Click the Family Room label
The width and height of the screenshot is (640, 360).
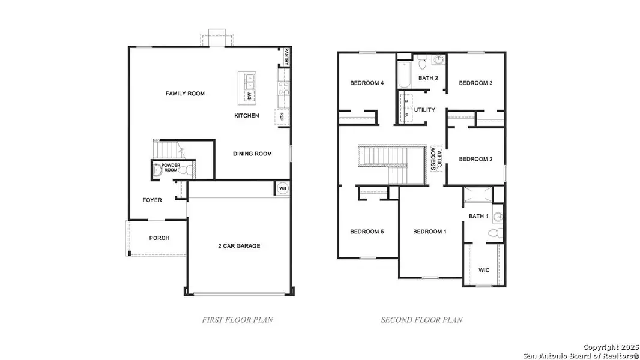[185, 94]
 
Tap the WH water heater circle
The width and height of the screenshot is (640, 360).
[282, 188]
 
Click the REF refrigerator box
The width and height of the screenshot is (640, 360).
[280, 117]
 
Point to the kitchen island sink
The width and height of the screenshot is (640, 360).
[249, 79]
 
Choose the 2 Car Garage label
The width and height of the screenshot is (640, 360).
[239, 246]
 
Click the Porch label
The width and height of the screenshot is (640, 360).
[159, 238]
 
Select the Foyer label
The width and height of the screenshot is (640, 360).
[152, 200]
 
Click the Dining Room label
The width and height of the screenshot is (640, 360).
[252, 154]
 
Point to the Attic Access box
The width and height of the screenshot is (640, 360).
[437, 158]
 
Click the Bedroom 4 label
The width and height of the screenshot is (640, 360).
[367, 83]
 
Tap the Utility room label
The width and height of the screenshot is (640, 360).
[424, 110]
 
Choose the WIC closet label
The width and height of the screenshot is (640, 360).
[484, 270]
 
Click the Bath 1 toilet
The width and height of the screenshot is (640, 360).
[494, 233]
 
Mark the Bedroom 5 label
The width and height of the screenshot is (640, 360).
[367, 232]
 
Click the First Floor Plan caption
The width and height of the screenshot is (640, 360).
[237, 320]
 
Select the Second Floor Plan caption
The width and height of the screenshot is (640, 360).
[421, 320]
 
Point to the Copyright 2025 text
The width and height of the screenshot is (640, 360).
[609, 347]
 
